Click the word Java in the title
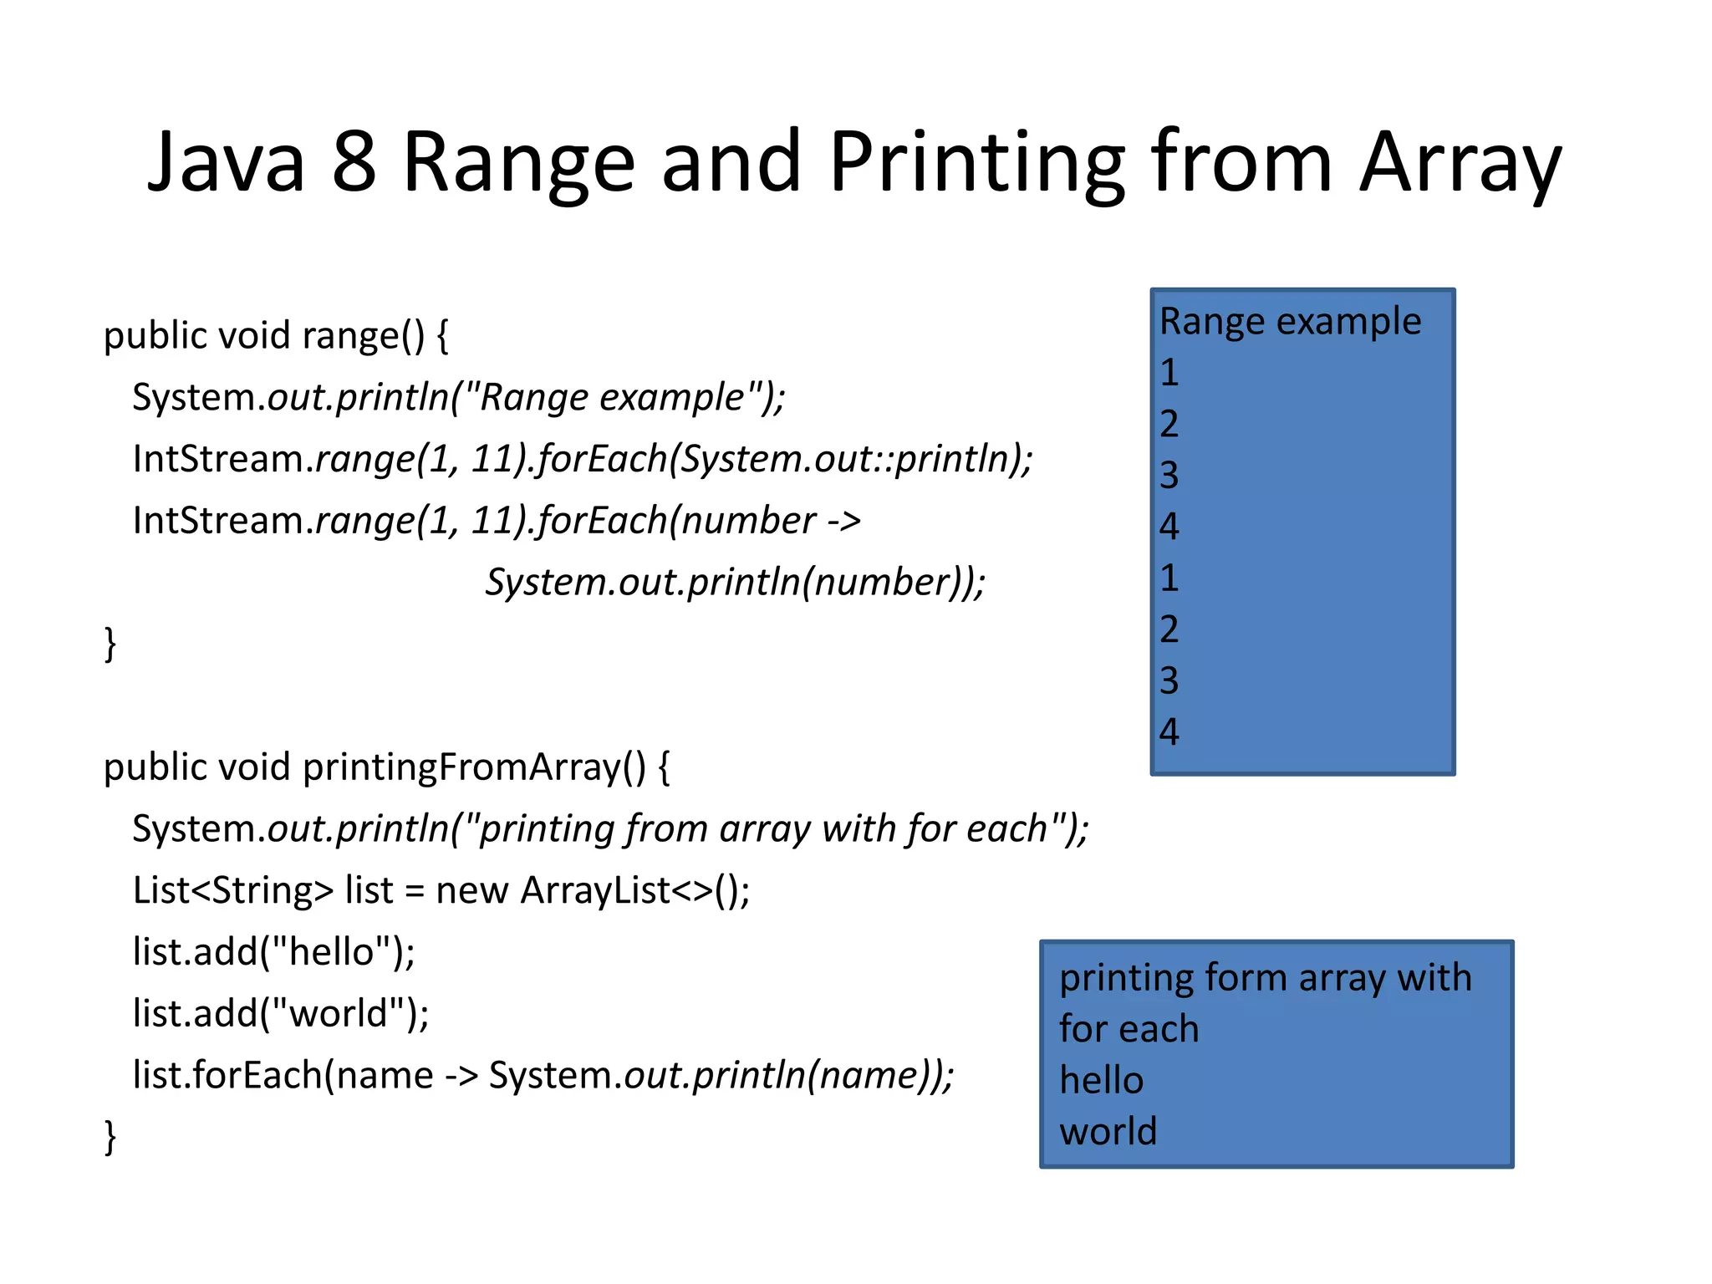click(x=226, y=162)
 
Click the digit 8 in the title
click(x=354, y=162)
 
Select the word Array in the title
click(x=1460, y=162)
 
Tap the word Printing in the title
click(x=977, y=162)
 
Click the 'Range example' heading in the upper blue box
click(x=1290, y=322)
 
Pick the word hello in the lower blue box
click(x=1101, y=1080)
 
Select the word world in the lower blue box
click(x=1108, y=1132)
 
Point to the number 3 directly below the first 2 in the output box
click(x=1169, y=476)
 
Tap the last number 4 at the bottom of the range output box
click(x=1169, y=732)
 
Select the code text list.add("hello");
click(x=273, y=952)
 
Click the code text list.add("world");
click(x=281, y=1014)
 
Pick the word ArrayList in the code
click(x=595, y=890)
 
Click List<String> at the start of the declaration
click(x=233, y=890)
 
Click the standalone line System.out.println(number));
click(x=736, y=583)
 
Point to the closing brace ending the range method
click(x=110, y=644)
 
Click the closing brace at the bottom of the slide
click(x=110, y=1137)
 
